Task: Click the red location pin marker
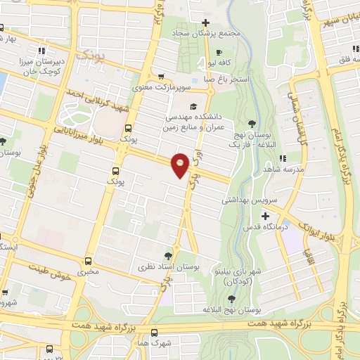tap(180, 165)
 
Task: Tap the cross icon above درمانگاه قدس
tap(264, 214)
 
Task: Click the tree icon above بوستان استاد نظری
tap(167, 256)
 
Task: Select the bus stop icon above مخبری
tap(88, 260)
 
